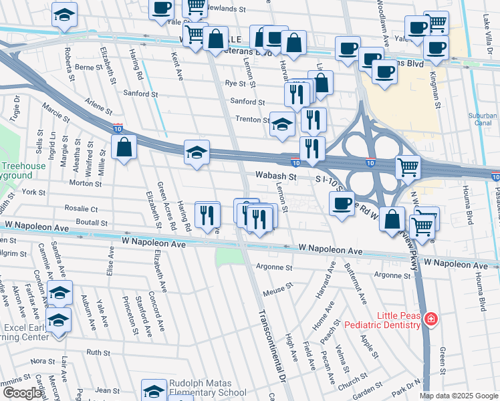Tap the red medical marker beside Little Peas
431,319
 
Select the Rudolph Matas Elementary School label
207,388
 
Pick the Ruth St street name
98,352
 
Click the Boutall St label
92,222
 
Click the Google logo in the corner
22,393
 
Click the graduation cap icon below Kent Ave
197,152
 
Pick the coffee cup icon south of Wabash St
342,203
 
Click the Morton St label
85,182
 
